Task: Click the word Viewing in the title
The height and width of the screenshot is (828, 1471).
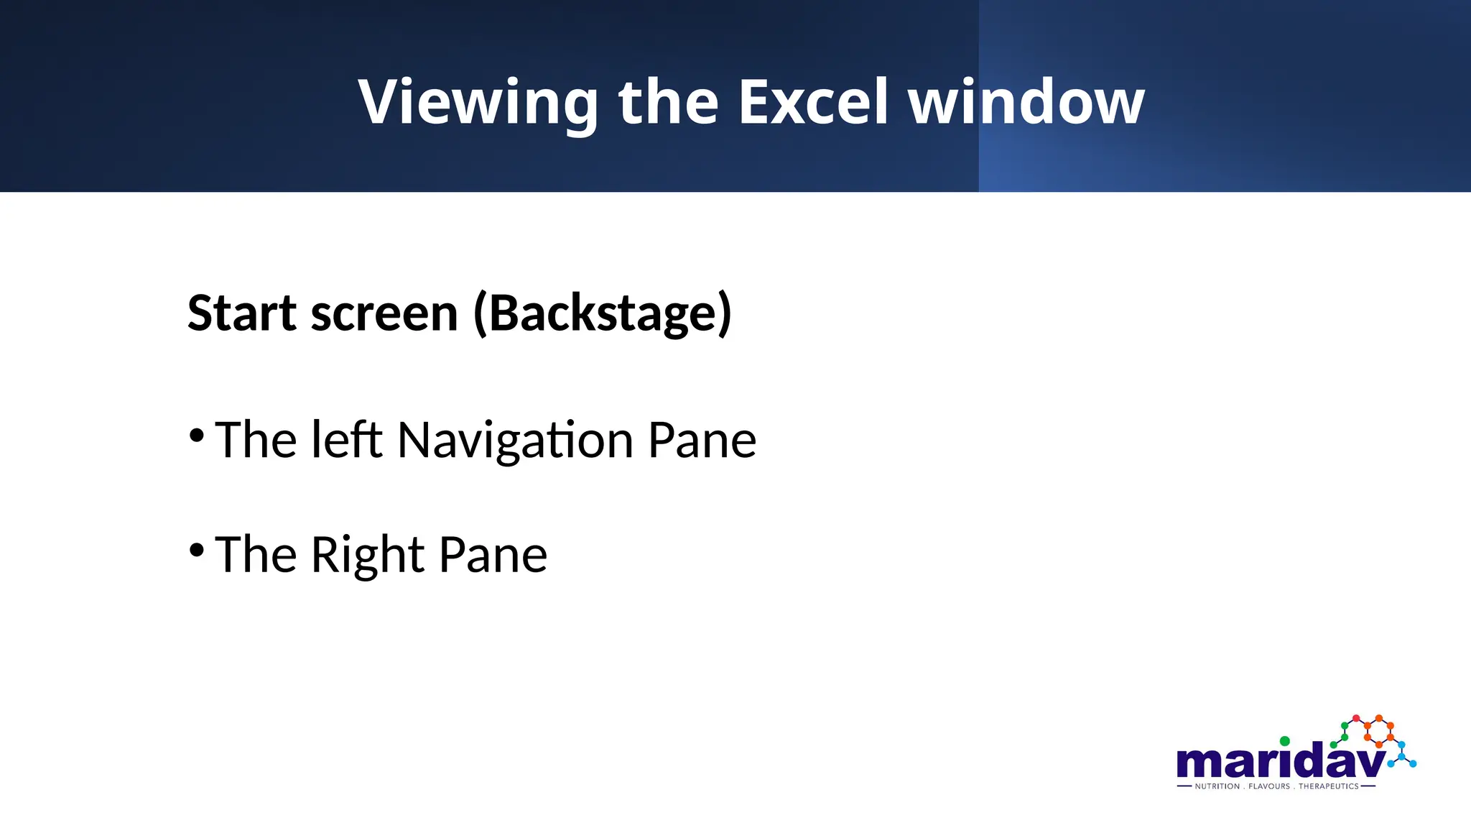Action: pyautogui.click(x=478, y=103)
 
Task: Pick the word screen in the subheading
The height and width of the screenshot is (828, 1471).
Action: pyautogui.click(x=384, y=315)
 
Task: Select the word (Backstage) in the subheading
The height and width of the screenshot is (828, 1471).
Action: pyautogui.click(x=603, y=313)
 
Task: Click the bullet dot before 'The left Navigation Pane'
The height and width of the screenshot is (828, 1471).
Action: pyautogui.click(x=197, y=436)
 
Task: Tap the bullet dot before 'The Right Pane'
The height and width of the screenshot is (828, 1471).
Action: pyautogui.click(x=197, y=551)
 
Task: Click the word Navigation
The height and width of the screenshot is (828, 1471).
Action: pyautogui.click(x=515, y=441)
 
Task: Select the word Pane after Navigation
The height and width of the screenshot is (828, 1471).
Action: pyautogui.click(x=702, y=440)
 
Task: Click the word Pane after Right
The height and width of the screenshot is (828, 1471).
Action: pyautogui.click(x=493, y=555)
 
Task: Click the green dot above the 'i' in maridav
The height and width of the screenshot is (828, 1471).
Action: pyautogui.click(x=1285, y=741)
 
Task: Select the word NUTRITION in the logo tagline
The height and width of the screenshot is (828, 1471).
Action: pyautogui.click(x=1217, y=786)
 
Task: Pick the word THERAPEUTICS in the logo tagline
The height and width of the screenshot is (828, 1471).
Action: pyautogui.click(x=1329, y=786)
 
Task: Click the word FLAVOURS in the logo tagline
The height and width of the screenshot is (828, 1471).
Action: pyautogui.click(x=1269, y=786)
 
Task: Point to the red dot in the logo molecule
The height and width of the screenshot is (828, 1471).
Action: pyautogui.click(x=1356, y=719)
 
